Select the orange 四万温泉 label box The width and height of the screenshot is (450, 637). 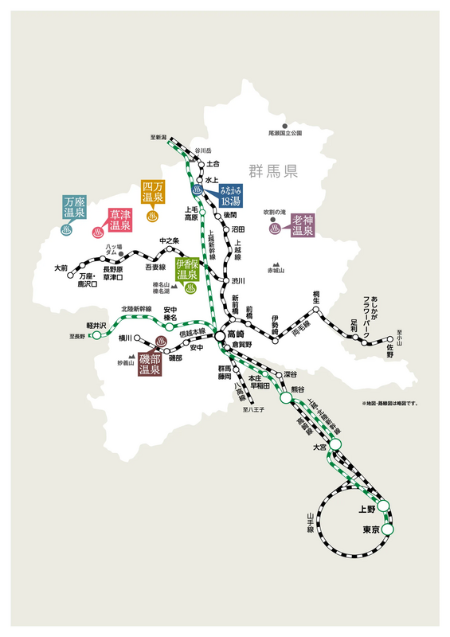(152, 191)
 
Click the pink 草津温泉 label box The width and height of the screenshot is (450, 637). (119, 220)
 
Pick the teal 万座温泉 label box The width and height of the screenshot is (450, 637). (74, 208)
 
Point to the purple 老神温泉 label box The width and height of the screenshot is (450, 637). (303, 225)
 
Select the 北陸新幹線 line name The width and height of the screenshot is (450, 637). (136, 307)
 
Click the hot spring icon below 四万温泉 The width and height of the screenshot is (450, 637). (152, 214)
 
